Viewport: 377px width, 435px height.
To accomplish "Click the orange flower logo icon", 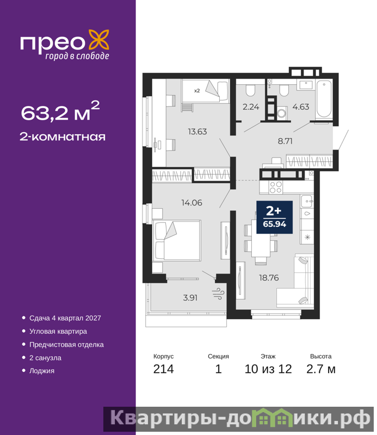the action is [x=99, y=40].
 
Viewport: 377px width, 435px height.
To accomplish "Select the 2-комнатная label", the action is [x=63, y=137].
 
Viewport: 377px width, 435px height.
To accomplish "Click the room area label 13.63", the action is [x=197, y=132].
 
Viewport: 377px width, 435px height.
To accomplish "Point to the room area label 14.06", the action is [x=192, y=203].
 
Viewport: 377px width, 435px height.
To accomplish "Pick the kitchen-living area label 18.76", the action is [x=269, y=278].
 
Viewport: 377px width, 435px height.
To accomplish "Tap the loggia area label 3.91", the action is [x=190, y=298].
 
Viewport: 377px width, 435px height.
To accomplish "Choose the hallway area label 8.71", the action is [x=285, y=141].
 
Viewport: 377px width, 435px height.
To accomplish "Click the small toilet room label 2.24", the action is [x=251, y=107].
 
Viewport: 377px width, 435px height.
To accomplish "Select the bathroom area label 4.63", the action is [x=301, y=107].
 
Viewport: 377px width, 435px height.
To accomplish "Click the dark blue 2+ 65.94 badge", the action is [x=274, y=217].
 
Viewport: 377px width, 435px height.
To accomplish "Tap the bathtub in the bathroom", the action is [x=324, y=99].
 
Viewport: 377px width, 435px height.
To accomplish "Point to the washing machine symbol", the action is [x=282, y=113].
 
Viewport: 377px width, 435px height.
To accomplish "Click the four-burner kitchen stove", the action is [x=276, y=187].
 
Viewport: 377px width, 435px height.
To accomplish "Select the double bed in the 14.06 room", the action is [x=177, y=240].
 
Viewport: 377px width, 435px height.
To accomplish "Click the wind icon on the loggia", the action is [x=218, y=294].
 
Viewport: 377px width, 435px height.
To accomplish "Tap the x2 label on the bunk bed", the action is [x=197, y=91].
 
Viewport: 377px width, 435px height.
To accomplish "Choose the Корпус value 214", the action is [x=164, y=369].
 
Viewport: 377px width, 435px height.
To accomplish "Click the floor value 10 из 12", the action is [x=268, y=369].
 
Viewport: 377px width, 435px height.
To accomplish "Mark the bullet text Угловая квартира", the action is [x=58, y=331].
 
